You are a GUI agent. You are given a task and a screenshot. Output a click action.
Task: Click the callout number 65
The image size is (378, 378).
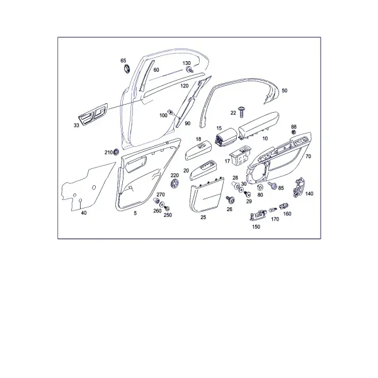click(123, 60)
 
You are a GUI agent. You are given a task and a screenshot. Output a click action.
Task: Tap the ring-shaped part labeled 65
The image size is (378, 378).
click(127, 69)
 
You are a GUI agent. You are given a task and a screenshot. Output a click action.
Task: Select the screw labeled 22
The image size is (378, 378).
click(241, 112)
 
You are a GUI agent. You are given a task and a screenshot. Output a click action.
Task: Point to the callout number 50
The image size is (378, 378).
click(285, 91)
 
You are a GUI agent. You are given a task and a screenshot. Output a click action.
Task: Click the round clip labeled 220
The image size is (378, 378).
click(175, 183)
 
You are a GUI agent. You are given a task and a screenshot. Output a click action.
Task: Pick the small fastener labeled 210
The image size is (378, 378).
click(116, 152)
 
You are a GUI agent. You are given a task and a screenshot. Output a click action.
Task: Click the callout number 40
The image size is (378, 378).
click(84, 213)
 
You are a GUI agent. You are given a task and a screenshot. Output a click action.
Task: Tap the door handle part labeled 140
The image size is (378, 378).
click(299, 187)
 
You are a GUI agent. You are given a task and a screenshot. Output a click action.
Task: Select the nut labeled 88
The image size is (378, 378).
click(294, 132)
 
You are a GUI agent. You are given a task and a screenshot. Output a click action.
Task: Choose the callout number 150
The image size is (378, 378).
click(256, 227)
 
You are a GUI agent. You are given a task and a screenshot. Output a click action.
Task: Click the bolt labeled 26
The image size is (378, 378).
click(230, 200)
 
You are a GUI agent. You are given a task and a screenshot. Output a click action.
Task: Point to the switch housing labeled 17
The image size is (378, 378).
click(240, 155)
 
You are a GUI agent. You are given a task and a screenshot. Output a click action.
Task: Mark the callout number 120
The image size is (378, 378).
click(185, 86)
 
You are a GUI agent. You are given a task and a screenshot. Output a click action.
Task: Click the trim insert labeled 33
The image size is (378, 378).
click(93, 114)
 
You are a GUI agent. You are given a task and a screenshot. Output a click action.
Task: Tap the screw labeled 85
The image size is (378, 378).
click(272, 185)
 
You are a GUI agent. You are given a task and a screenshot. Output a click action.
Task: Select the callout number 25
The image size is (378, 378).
click(203, 217)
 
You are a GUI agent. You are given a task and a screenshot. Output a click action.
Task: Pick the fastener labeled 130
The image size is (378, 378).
click(190, 70)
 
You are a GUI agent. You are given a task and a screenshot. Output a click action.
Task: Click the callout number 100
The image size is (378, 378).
click(163, 115)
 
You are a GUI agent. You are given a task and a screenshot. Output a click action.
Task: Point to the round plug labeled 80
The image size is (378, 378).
click(260, 188)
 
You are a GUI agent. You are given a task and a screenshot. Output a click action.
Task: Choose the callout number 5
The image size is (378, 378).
click(135, 213)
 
